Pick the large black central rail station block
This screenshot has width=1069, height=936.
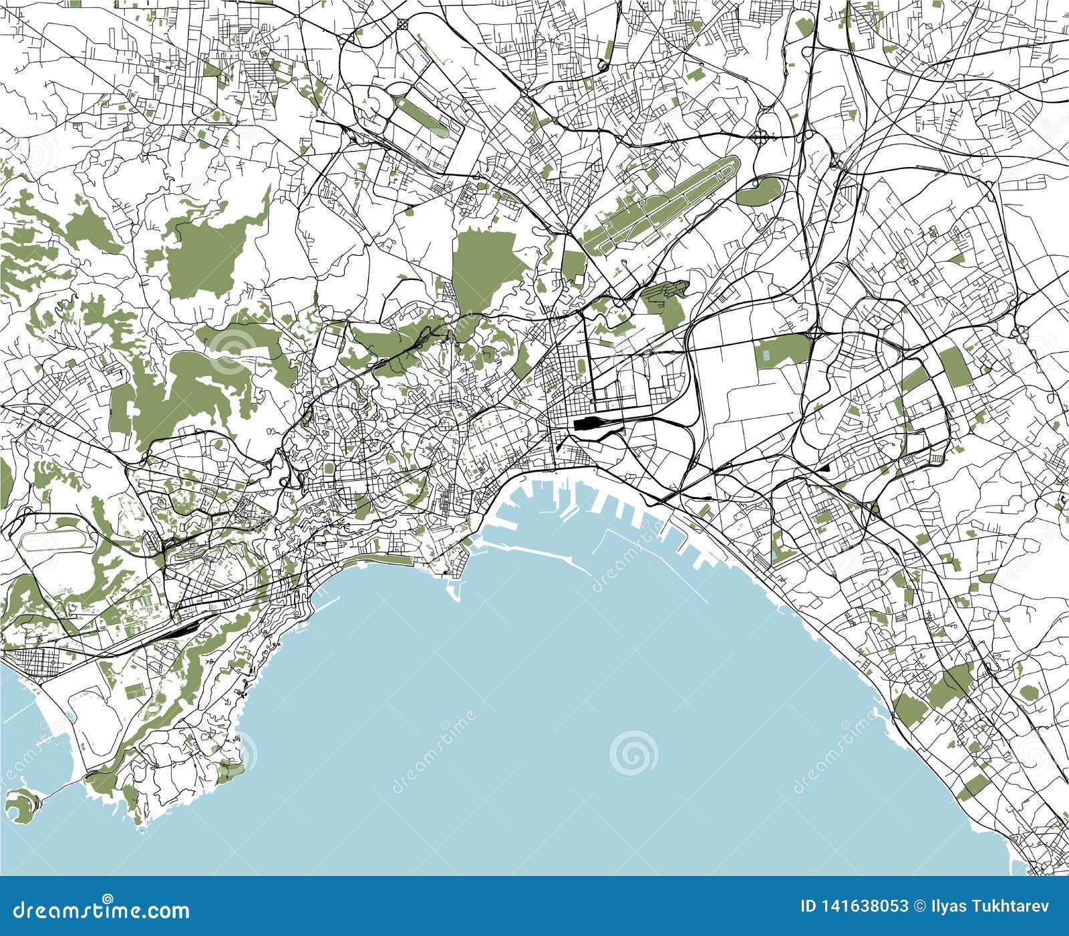coord(588,423)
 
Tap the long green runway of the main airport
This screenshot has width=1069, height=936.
coord(661,204)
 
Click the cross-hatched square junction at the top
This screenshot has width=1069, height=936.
coord(404,25)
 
